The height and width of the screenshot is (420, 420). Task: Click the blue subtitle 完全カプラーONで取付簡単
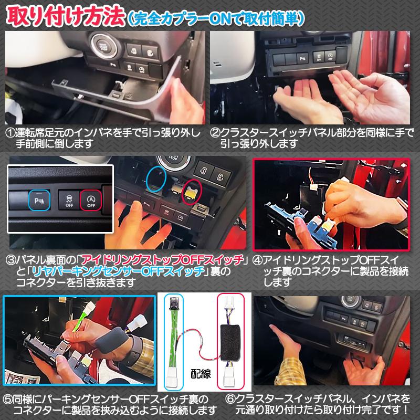(215, 17)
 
